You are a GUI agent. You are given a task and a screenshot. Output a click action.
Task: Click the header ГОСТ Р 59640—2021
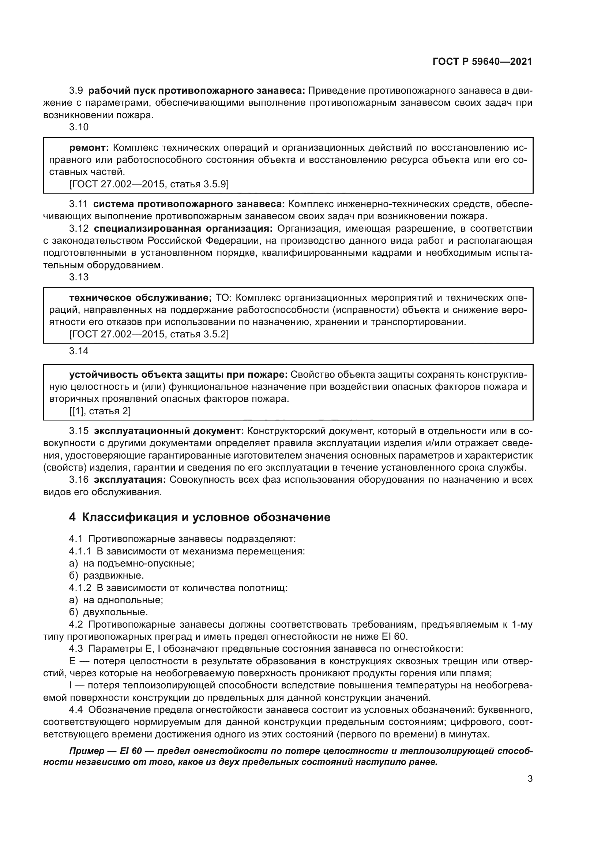coord(482,61)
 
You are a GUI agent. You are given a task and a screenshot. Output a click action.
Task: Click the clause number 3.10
coord(79,127)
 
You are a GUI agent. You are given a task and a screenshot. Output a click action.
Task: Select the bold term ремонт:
coord(89,148)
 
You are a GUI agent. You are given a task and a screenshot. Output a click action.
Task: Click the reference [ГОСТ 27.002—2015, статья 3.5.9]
coord(149,184)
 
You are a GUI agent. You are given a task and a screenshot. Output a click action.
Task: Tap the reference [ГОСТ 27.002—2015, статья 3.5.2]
coord(149,334)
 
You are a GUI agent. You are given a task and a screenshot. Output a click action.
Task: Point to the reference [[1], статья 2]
coord(100,411)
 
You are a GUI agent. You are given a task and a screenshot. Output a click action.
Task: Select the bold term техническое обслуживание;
coord(140,298)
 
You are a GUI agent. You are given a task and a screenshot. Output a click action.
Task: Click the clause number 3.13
coord(79,277)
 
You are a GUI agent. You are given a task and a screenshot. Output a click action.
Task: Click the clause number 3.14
coord(79,351)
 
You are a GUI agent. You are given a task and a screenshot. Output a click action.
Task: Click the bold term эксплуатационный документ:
coord(169,431)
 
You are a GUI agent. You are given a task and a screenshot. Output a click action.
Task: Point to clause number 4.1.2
coord(80,588)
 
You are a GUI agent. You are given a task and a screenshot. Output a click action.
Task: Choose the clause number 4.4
coord(76,710)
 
